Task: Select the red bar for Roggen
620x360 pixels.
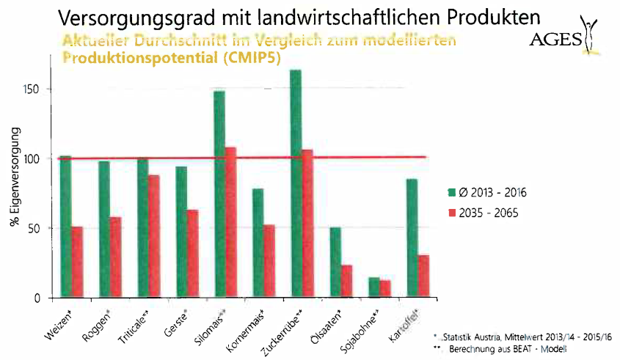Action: [115, 257]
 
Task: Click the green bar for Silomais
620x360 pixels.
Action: [219, 194]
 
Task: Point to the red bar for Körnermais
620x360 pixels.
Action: [269, 261]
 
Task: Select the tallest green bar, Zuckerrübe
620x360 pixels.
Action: [296, 183]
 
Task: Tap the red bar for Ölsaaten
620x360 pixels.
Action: [346, 282]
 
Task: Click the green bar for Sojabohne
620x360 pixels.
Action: [373, 287]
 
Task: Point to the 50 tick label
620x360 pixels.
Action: [41, 228]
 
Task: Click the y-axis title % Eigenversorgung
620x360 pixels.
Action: [15, 175]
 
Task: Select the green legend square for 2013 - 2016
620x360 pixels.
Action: [452, 192]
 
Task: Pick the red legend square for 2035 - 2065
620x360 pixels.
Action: [452, 213]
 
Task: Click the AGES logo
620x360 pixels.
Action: [562, 37]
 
